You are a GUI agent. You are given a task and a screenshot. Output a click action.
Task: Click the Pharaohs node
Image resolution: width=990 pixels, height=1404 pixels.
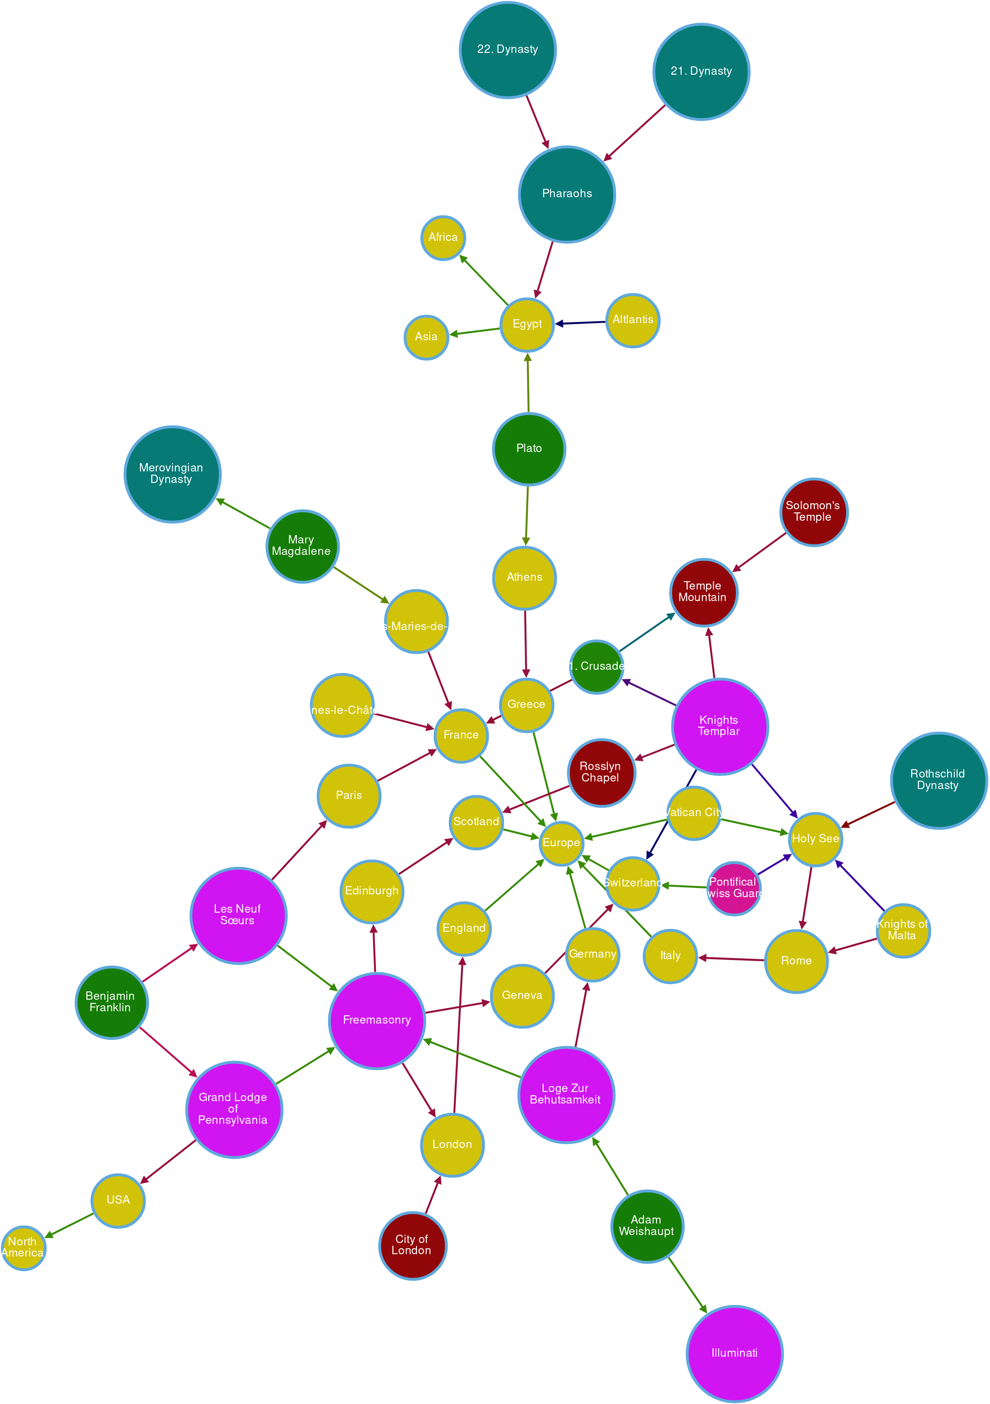click(x=567, y=194)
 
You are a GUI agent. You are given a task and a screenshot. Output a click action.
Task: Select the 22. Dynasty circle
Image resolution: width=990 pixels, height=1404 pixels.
click(x=508, y=50)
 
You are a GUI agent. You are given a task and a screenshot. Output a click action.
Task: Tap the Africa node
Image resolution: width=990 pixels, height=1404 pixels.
click(x=443, y=237)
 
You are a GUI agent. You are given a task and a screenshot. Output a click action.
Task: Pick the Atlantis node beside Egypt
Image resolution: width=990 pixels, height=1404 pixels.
click(x=632, y=320)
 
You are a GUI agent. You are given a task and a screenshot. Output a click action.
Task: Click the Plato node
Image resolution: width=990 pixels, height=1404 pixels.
click(x=529, y=448)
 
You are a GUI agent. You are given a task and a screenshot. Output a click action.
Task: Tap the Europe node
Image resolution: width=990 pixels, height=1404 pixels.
click(x=561, y=843)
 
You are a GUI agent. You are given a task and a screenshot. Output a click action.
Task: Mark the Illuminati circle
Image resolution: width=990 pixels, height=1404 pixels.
click(x=734, y=1353)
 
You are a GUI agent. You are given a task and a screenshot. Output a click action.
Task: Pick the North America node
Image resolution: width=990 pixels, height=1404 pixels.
click(x=23, y=1247)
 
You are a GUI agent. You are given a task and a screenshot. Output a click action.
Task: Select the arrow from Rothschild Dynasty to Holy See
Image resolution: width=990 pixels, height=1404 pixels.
click(x=868, y=814)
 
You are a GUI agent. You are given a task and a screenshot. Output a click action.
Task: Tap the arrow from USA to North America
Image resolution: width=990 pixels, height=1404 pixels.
click(x=69, y=1225)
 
